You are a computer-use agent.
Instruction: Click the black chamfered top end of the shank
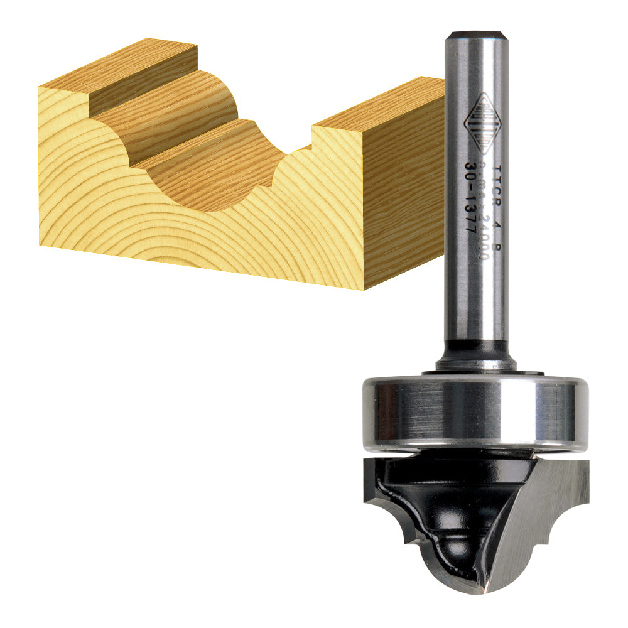coord(475,35)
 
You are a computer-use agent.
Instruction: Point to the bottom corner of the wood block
coord(364,288)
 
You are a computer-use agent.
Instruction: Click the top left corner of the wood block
coord(40,88)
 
